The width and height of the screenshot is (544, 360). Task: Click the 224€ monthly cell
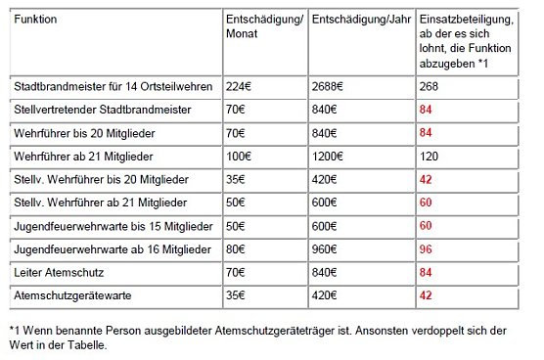point(231,86)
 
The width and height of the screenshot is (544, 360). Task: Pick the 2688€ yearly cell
point(329,86)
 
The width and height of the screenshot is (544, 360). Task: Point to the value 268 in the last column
point(429,86)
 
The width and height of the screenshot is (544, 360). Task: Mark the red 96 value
point(426,250)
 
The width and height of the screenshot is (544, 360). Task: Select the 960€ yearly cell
point(326,250)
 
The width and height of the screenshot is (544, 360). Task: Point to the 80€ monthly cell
point(228,250)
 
